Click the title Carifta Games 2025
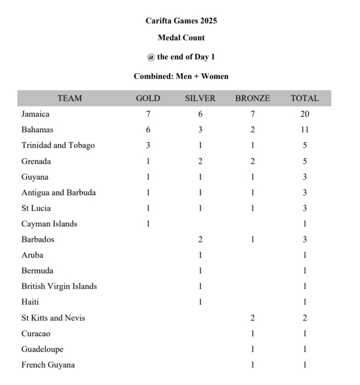coord(181,21)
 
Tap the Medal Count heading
coord(181,38)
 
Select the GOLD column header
coord(148,98)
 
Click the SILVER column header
coord(200,98)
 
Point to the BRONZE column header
coord(253,98)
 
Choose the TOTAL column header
coord(305,98)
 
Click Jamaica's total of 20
coord(305,114)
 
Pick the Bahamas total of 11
coord(305,130)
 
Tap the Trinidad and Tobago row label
coord(58,145)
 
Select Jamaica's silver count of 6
coord(200,114)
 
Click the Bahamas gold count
coord(148,130)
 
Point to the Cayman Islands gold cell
coord(148,224)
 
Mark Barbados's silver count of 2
coord(200,239)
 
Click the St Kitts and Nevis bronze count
coord(253,318)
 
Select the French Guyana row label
coord(48,365)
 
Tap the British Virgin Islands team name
coord(59,286)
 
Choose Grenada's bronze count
coord(253,161)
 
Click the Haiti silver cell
coord(200,302)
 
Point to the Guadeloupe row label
coord(42,349)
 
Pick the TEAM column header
coord(70,98)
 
